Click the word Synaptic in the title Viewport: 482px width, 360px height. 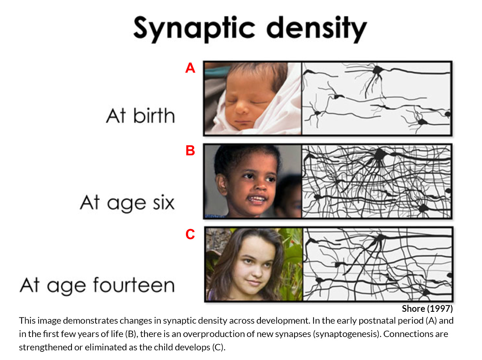click(194, 29)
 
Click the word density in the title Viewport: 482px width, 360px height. click(316, 29)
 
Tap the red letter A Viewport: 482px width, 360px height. click(190, 68)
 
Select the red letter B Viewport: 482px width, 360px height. click(190, 151)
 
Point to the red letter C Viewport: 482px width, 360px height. click(190, 234)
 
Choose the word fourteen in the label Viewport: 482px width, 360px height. click(134, 285)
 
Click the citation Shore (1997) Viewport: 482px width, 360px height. click(427, 308)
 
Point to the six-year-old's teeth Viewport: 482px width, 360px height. click(257, 199)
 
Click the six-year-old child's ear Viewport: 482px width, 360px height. click(221, 184)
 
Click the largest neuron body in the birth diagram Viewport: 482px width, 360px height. click(377, 70)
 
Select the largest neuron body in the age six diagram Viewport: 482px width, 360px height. click(380, 154)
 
